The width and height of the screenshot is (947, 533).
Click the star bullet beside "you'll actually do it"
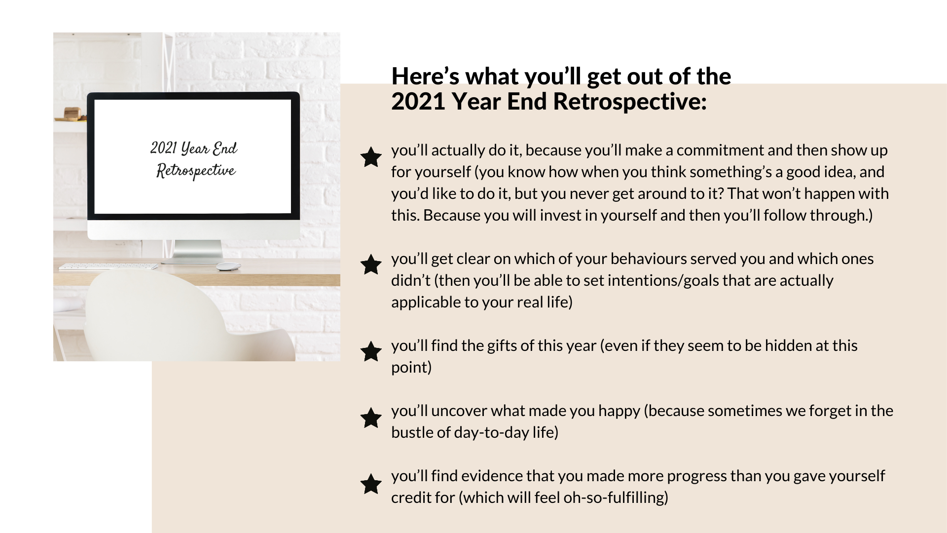tap(371, 157)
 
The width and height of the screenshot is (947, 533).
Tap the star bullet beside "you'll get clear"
tap(371, 265)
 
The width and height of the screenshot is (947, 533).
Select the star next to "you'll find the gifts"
tap(371, 351)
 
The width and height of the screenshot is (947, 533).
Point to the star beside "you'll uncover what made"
tap(371, 418)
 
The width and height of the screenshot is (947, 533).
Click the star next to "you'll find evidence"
tap(371, 484)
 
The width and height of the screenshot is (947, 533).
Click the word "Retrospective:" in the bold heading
tap(630, 102)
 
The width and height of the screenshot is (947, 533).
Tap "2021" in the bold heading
tap(419, 102)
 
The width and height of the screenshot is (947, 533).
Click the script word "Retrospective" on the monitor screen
tap(196, 171)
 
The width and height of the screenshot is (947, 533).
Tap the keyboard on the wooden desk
tap(108, 266)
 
